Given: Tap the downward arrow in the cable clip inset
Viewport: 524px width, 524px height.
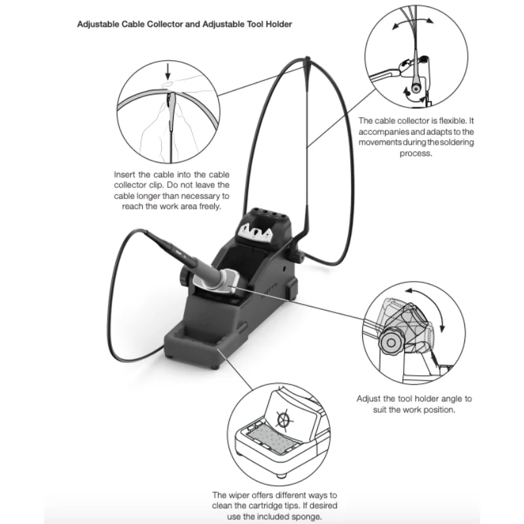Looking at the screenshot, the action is click(x=168, y=71).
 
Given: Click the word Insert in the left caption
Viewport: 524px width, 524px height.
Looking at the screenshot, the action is click(x=124, y=174).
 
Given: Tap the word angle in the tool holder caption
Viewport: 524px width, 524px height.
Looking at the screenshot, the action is click(x=453, y=399).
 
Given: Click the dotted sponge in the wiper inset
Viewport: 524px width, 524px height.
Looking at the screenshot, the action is click(x=270, y=436).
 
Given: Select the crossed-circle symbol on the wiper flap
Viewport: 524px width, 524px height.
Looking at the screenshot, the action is click(x=284, y=419).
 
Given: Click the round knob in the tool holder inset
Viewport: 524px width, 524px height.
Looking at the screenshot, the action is click(x=390, y=342).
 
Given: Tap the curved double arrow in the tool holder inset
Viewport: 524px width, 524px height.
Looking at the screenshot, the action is click(x=430, y=305).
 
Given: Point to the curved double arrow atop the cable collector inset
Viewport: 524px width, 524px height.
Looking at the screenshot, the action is click(x=413, y=22).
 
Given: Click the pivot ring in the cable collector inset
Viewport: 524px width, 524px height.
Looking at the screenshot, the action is click(x=416, y=88).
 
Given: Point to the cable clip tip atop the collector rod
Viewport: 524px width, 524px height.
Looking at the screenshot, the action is click(x=307, y=62).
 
